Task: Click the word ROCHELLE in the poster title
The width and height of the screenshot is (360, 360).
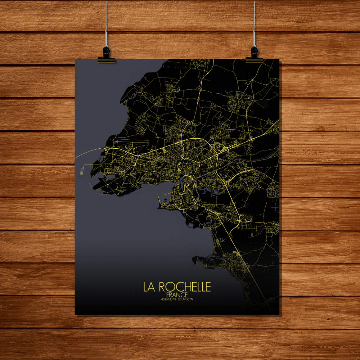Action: coord(184,287)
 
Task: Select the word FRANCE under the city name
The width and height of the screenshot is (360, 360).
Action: coord(177,294)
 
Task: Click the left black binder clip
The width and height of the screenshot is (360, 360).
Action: coord(107,56)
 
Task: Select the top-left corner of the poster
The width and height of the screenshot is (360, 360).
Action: coord(75,59)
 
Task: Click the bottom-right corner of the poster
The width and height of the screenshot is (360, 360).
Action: coord(279,314)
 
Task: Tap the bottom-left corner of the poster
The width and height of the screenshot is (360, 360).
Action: coord(75,314)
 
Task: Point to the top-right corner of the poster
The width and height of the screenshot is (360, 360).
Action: coord(279,59)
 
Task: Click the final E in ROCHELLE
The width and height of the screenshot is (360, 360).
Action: coord(208,287)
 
